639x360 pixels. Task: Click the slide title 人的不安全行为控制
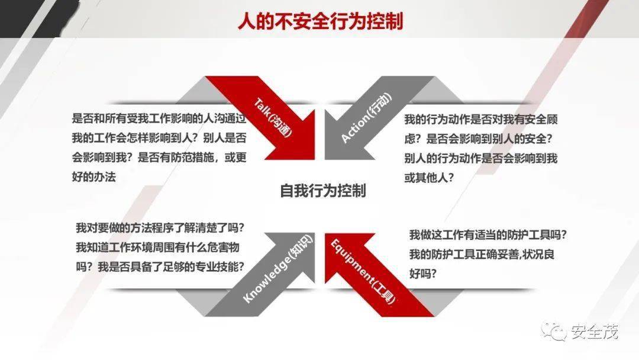click(x=320, y=21)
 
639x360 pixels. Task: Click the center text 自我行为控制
click(x=323, y=191)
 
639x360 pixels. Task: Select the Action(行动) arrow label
click(x=366, y=118)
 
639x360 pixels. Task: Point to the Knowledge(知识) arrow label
click(x=278, y=269)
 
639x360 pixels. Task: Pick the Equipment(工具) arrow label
click(x=362, y=272)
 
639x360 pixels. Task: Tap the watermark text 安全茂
click(x=594, y=332)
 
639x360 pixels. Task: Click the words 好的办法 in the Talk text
click(x=93, y=176)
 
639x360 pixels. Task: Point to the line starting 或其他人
click(x=429, y=178)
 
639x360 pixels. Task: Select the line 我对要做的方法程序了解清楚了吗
click(x=160, y=227)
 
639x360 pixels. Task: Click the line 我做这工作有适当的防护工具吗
click(x=488, y=235)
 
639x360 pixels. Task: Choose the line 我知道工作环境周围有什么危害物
click(x=157, y=247)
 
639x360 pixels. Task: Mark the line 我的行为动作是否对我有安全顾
click(x=481, y=120)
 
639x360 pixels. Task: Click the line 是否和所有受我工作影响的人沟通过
click(x=159, y=118)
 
